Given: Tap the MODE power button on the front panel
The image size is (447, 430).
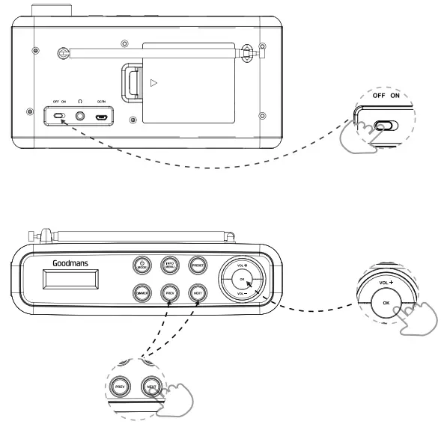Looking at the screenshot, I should (142, 264).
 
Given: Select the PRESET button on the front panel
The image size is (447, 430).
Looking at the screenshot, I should (198, 264).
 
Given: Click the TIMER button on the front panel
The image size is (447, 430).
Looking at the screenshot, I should (142, 293).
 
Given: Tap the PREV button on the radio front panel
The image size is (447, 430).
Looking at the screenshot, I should (170, 293).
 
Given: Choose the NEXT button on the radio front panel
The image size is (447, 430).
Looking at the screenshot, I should (198, 293).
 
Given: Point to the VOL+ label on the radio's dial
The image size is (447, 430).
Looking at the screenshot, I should (240, 265).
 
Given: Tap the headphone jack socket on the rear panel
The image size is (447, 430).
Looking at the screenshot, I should (79, 117).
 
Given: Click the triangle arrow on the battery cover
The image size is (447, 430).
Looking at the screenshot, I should (154, 82).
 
